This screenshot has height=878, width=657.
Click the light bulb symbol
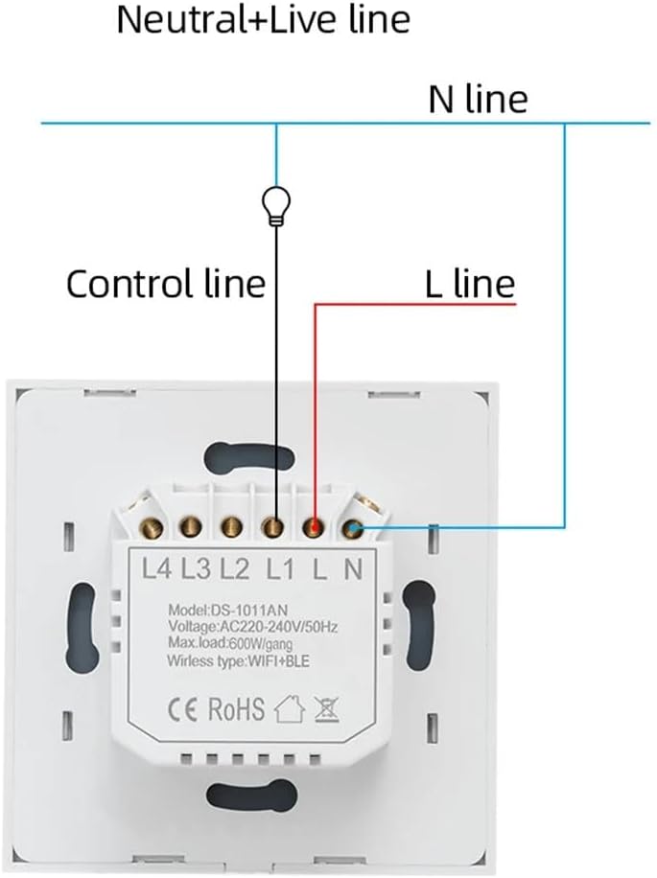click(x=276, y=204)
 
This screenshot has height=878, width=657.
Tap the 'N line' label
click(x=477, y=99)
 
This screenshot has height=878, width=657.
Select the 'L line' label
click(x=469, y=284)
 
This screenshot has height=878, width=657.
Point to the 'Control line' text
click(x=165, y=284)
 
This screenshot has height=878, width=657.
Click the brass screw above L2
click(x=231, y=526)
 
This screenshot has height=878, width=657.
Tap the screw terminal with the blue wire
click(x=354, y=526)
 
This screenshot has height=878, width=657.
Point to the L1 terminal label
click(x=278, y=569)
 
